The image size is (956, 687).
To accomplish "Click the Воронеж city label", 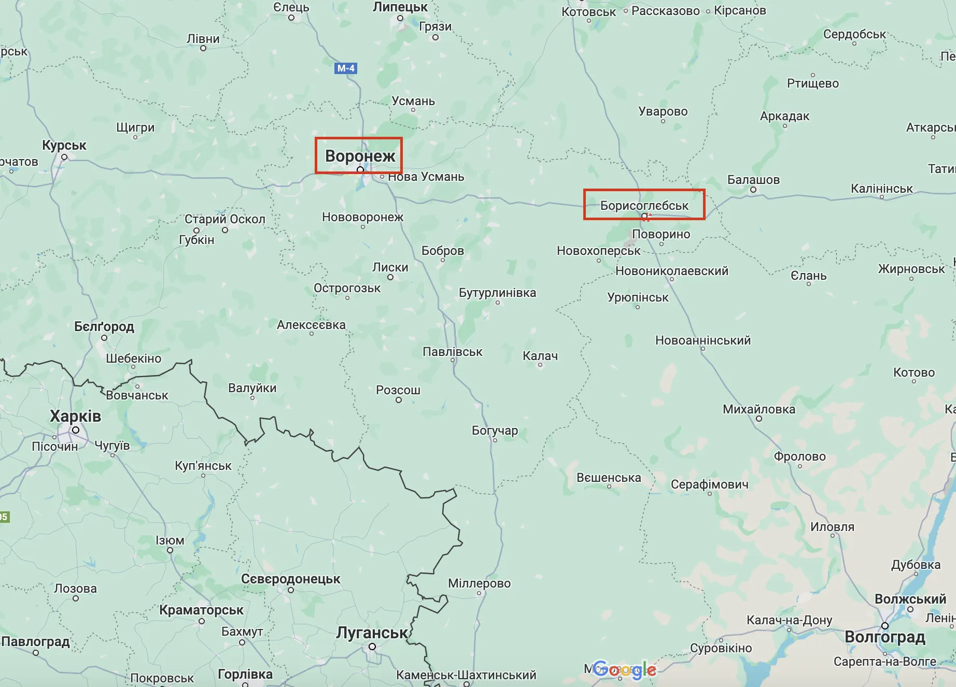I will tap(360, 156).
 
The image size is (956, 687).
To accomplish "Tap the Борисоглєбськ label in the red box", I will tap(644, 206).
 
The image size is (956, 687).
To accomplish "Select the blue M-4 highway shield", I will tap(346, 68).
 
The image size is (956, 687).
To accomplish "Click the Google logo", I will tap(625, 670).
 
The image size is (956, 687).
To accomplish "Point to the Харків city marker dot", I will tap(76, 430).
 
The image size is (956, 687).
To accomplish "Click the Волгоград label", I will tap(884, 637).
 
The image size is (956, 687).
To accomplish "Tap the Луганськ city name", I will tap(372, 633).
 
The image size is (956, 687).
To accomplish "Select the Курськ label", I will tap(64, 145).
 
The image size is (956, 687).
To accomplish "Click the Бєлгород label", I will tap(104, 326).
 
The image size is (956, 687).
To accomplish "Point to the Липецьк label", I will tap(400, 7).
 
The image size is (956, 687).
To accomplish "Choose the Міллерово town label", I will tap(479, 583).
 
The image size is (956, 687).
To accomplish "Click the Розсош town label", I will tap(398, 390).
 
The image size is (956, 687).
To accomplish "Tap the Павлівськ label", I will tap(452, 352).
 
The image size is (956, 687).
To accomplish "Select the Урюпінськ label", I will tap(638, 297).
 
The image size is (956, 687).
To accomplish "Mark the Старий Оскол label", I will tap(224, 219).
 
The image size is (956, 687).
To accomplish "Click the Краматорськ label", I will tap(201, 610).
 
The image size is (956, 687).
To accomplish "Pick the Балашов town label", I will tap(753, 180).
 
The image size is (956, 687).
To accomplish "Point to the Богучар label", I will tap(495, 431).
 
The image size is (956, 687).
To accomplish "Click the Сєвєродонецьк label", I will tap(290, 579).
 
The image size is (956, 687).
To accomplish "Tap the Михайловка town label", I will tap(758, 409).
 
